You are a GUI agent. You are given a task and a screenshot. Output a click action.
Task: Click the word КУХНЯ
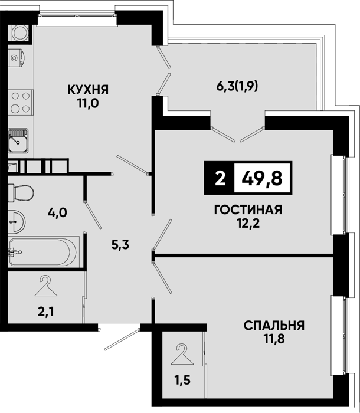coord(88,90)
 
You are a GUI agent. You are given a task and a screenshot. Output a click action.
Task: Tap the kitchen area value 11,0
coord(88,103)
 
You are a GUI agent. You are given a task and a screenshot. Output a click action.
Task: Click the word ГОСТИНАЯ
coord(248,210)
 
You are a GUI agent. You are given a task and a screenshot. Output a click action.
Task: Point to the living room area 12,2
coord(248,224)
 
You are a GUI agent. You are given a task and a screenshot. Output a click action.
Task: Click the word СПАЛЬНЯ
coord(274,326)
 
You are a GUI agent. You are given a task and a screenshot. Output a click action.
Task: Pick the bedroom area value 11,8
coord(274,339)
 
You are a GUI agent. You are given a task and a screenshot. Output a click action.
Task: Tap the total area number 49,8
coord(262,178)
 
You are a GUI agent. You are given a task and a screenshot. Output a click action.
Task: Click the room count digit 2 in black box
coord(220,178)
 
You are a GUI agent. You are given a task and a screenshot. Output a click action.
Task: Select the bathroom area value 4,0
coord(57,212)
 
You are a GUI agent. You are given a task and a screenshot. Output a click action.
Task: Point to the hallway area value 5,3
coord(120,245)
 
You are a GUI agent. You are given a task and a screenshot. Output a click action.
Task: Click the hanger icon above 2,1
coord(46,286)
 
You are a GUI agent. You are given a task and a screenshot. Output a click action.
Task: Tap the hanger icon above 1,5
coord(182,354)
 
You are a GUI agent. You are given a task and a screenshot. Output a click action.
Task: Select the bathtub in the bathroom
coord(44,252)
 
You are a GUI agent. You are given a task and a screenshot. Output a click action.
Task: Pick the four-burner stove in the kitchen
coord(21,103)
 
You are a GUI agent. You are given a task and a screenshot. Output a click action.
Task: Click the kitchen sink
coord(18,140)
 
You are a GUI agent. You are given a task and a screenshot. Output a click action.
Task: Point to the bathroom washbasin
coord(17,222)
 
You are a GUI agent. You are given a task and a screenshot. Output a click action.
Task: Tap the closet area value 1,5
coord(182,381)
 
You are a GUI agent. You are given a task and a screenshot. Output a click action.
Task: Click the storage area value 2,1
coord(46,312)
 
